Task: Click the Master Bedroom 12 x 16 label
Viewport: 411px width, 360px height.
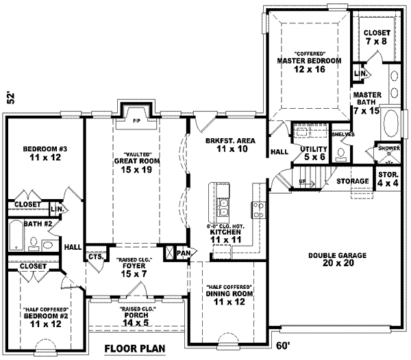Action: tap(309, 65)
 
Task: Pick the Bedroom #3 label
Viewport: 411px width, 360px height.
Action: tap(42, 154)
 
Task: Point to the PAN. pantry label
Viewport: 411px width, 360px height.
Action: tap(183, 253)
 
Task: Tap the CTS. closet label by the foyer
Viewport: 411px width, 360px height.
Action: tap(95, 257)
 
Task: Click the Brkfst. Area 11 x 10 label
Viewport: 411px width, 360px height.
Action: tap(230, 144)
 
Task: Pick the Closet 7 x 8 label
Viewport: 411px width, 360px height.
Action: tap(377, 37)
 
